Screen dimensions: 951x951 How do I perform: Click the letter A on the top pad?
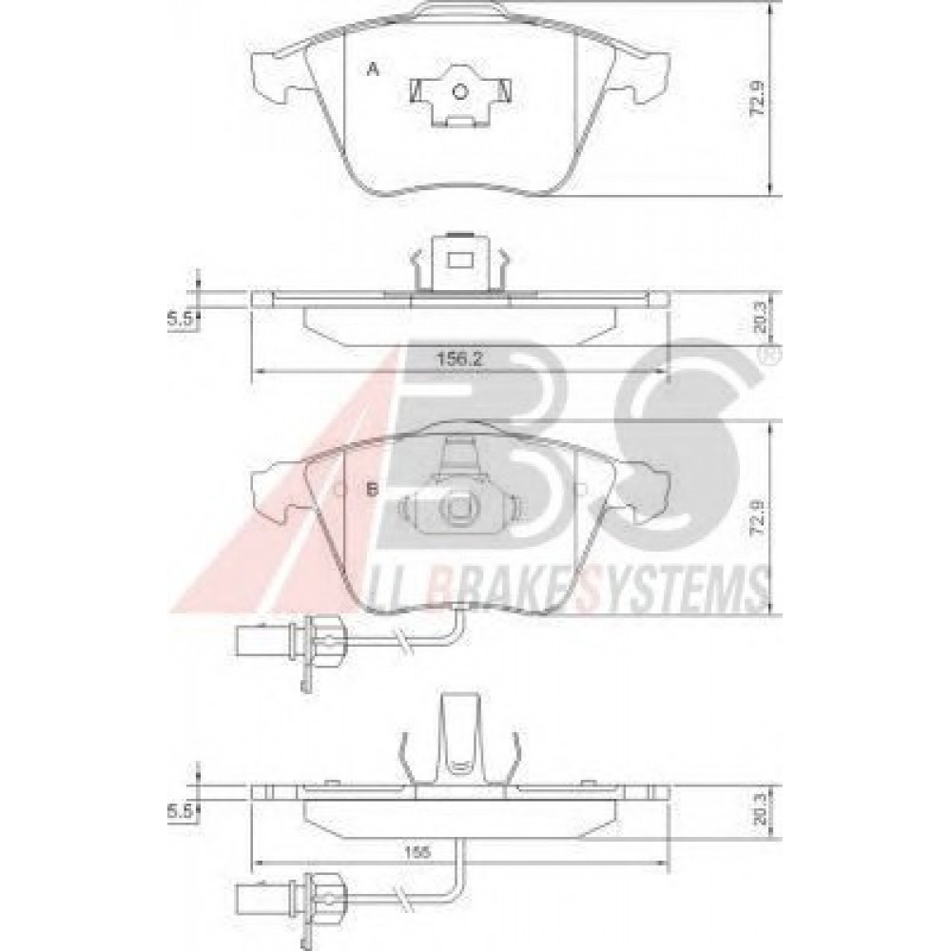374,68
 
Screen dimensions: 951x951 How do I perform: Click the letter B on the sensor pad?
373,491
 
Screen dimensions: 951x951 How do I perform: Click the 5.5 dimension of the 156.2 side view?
181,320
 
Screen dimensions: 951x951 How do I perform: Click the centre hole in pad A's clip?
460,91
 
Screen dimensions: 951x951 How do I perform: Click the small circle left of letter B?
340,490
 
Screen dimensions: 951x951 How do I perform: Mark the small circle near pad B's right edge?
581,491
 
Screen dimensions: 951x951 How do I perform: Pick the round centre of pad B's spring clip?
458,510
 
